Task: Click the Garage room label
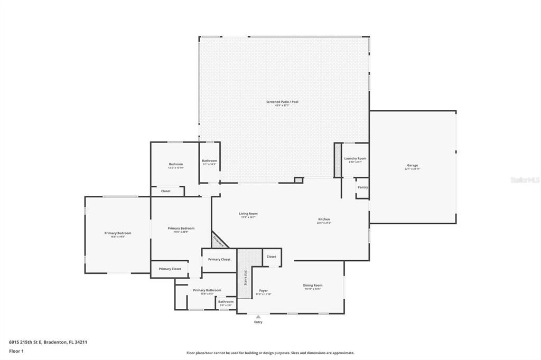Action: (412, 165)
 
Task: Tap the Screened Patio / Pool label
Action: (282, 102)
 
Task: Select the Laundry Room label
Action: (355, 158)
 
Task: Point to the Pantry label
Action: (362, 187)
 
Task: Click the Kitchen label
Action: (324, 219)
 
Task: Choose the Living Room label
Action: (248, 214)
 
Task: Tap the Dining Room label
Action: (312, 286)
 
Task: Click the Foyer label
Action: (263, 291)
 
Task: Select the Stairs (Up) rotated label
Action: (245, 278)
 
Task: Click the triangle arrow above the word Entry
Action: (258, 317)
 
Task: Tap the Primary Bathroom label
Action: (207, 290)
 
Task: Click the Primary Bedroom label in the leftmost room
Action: (117, 233)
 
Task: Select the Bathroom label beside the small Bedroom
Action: (209, 161)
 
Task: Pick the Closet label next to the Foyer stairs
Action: (271, 257)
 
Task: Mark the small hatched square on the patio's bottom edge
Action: (299, 180)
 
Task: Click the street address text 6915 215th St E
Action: (48, 342)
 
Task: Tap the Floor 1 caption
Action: (16, 351)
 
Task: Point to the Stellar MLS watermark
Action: (525, 180)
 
